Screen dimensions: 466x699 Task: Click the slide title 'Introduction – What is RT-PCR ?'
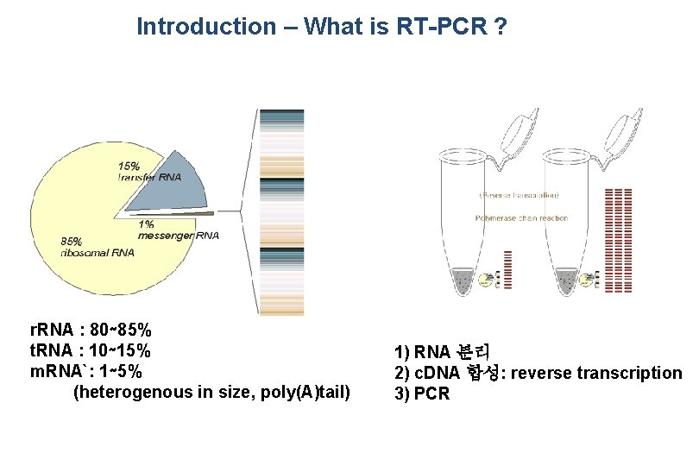pos(321,27)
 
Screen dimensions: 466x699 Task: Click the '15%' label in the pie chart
pos(129,165)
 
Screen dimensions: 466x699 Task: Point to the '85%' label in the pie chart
pos(72,241)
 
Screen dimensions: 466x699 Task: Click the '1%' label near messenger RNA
pos(147,223)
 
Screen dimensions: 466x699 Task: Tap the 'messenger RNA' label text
pos(179,235)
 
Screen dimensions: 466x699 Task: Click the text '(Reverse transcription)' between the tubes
pos(519,195)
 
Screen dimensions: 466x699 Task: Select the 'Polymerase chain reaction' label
pos(521,218)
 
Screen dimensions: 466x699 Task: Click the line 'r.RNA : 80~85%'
pos(91,330)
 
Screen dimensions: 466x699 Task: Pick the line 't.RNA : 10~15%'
pos(90,350)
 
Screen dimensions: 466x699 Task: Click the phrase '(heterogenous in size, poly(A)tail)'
pos(211,393)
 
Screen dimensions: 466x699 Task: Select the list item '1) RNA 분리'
pos(442,351)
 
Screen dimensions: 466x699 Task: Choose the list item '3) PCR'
pos(422,394)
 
